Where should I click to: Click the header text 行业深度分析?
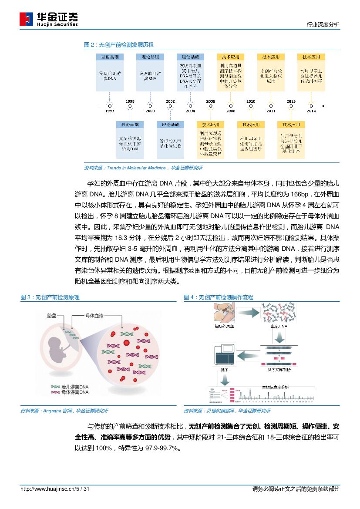(x=323, y=25)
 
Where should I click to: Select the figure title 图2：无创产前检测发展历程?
(x=118, y=45)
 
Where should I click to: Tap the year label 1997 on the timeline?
(x=110, y=111)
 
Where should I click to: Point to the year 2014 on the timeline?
(x=311, y=111)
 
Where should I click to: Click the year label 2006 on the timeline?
(x=210, y=101)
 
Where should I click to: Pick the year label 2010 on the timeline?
(x=251, y=101)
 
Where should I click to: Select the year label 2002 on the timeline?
(x=170, y=101)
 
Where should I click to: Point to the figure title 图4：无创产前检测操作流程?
(x=219, y=297)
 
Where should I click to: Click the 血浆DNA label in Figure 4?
(x=279, y=326)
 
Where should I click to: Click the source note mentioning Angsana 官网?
(x=64, y=411)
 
